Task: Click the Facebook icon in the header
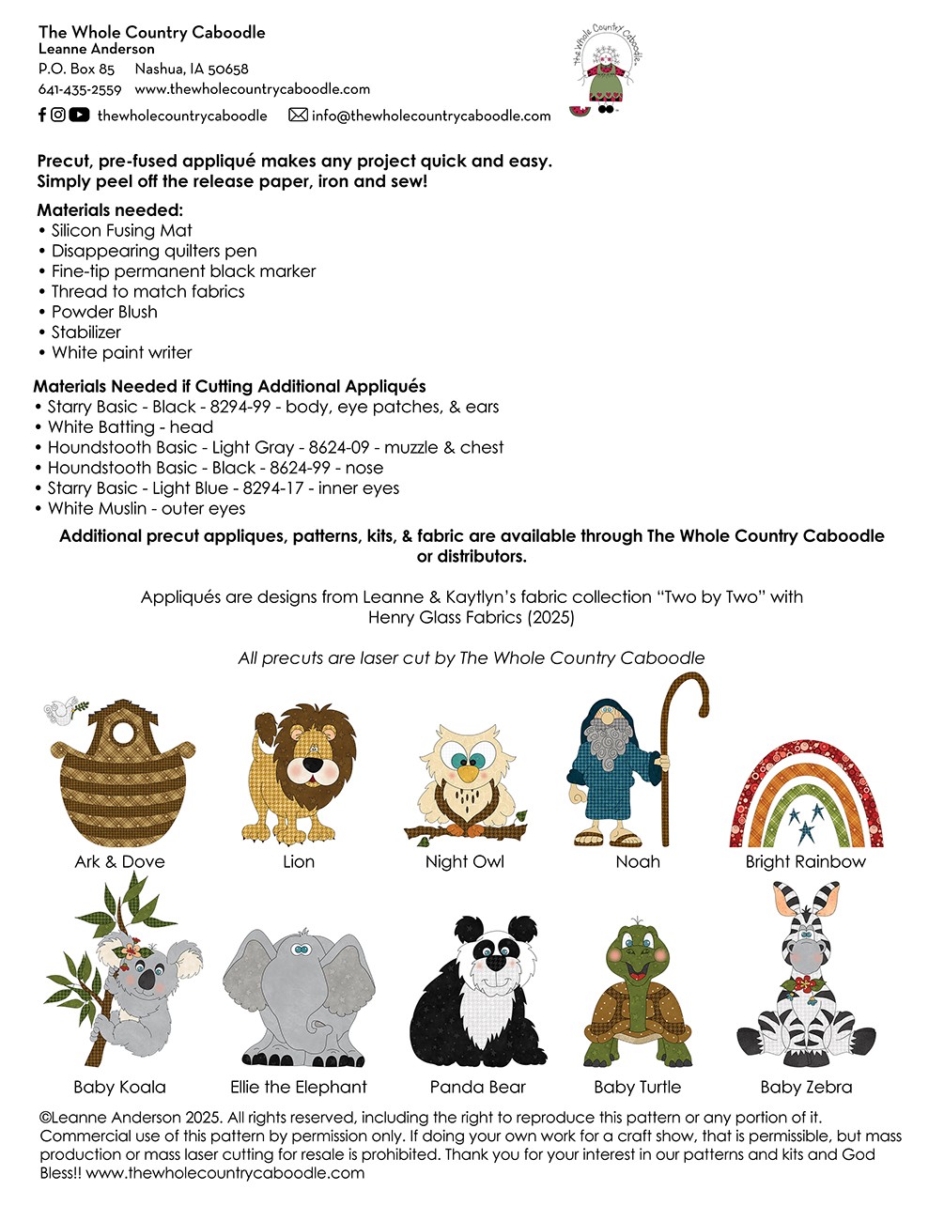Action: [42, 115]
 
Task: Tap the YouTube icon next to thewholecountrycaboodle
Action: [79, 115]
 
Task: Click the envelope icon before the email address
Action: [298, 115]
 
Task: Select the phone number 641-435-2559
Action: [80, 90]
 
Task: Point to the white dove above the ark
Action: [61, 711]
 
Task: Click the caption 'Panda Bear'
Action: [477, 1087]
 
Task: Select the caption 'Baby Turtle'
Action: [637, 1087]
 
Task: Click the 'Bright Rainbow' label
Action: [805, 861]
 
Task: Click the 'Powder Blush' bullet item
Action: [104, 312]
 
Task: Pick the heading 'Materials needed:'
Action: [110, 210]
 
